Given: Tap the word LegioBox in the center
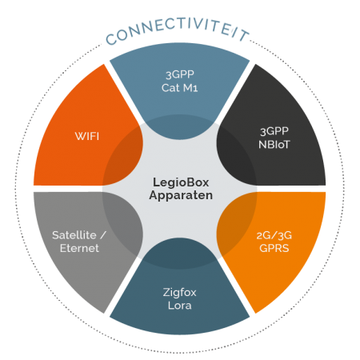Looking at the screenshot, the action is click(x=181, y=182).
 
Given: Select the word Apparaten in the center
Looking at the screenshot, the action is click(x=181, y=195).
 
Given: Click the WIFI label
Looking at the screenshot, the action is click(x=87, y=136).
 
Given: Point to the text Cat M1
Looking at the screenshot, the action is click(x=179, y=88).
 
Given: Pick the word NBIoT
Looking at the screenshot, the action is click(x=274, y=145).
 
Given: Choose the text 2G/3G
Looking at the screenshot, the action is click(x=274, y=235).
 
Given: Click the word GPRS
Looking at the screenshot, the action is click(x=274, y=248).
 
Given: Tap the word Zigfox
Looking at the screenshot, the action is click(x=179, y=293).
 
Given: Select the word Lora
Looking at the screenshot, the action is click(x=179, y=306).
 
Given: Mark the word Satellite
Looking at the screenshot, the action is click(x=74, y=235).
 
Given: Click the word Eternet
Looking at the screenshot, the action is click(x=79, y=248).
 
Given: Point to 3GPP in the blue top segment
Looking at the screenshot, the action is click(x=180, y=74).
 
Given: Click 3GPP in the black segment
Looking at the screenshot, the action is click(x=274, y=131).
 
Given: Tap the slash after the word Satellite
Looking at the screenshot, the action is click(x=103, y=235).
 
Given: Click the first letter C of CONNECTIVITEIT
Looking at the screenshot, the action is click(x=111, y=39).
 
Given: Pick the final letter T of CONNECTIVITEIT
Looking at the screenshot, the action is click(x=245, y=35).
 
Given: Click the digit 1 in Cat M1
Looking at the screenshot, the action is click(x=195, y=89).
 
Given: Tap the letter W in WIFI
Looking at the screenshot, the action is click(x=80, y=136).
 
